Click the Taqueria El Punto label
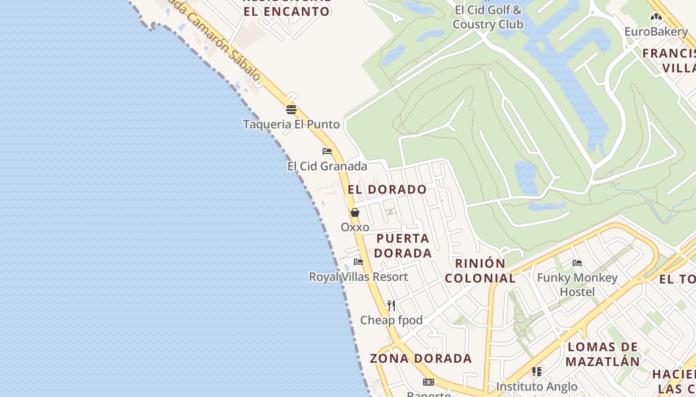(291, 124)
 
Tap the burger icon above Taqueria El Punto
(291, 109)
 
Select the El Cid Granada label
(327, 166)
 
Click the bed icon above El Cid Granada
(327, 151)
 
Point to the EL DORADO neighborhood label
(387, 189)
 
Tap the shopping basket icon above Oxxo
(355, 212)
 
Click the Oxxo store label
(355, 227)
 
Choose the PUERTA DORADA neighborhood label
(403, 246)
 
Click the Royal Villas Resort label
(358, 276)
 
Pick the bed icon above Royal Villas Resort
(358, 262)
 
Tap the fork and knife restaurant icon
(391, 305)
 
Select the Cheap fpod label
(391, 320)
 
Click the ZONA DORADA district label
(421, 358)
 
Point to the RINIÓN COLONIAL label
(480, 270)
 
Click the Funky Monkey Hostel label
(577, 284)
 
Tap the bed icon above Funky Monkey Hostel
(577, 263)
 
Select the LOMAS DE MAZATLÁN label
(603, 354)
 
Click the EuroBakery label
(656, 32)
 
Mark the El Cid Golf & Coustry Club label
(488, 17)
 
